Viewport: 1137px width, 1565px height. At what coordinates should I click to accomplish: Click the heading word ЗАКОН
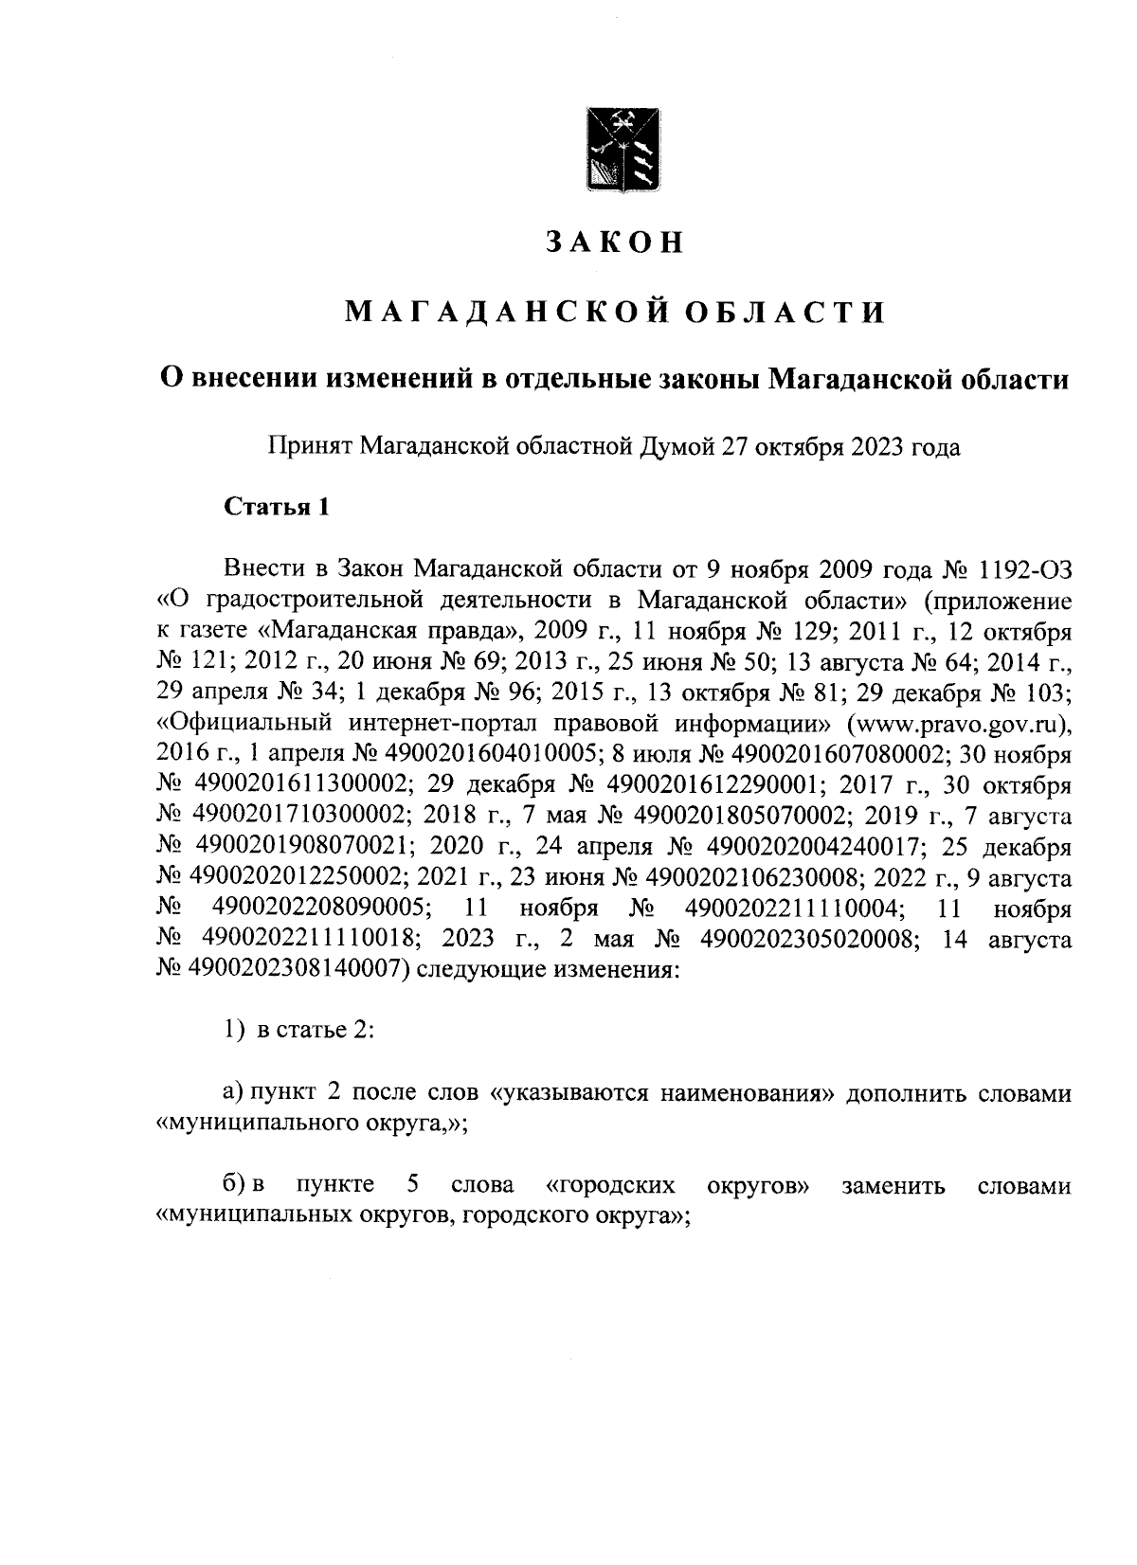(x=613, y=243)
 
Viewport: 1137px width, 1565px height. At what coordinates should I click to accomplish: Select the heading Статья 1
(x=277, y=507)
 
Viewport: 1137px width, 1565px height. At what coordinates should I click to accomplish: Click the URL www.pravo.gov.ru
(x=960, y=725)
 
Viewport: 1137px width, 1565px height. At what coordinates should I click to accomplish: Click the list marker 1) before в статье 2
(x=234, y=1031)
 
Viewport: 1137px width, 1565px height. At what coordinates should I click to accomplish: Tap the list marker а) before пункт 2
(x=233, y=1093)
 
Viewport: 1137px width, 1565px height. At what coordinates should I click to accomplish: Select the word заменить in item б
(x=894, y=1186)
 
